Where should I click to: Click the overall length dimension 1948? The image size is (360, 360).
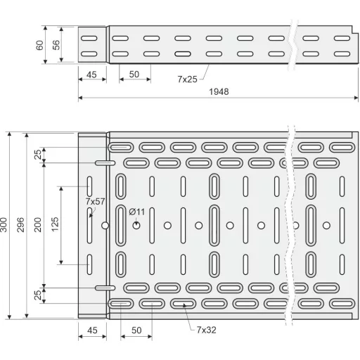coord(219,91)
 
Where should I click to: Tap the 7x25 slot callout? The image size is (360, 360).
coord(187,79)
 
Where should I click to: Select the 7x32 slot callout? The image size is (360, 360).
coord(206,330)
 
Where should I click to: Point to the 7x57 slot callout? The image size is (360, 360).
coord(95,201)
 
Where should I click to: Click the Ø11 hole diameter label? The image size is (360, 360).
coord(137,212)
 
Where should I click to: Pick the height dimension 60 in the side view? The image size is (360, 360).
coord(39,45)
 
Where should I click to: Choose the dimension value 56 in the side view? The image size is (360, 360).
coord(56,45)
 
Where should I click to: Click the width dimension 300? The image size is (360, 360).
coord(4,225)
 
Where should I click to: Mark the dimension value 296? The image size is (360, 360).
coord(20,225)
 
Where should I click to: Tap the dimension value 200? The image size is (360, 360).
coord(38,225)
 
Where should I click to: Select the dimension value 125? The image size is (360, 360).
coord(55,224)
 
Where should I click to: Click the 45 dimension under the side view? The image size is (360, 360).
coord(91,75)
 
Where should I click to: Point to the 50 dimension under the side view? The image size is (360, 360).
coord(134,75)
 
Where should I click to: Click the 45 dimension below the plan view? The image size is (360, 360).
coord(92,330)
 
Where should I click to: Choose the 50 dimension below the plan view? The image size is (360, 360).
coord(136,330)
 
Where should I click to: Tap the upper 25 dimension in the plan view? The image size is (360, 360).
coord(38,155)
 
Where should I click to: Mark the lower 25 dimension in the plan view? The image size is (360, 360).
coord(38,295)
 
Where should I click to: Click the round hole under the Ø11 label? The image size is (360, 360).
coord(136,226)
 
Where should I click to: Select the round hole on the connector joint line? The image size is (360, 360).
coord(105,226)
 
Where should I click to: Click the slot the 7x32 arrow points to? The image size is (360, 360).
coord(183,304)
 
